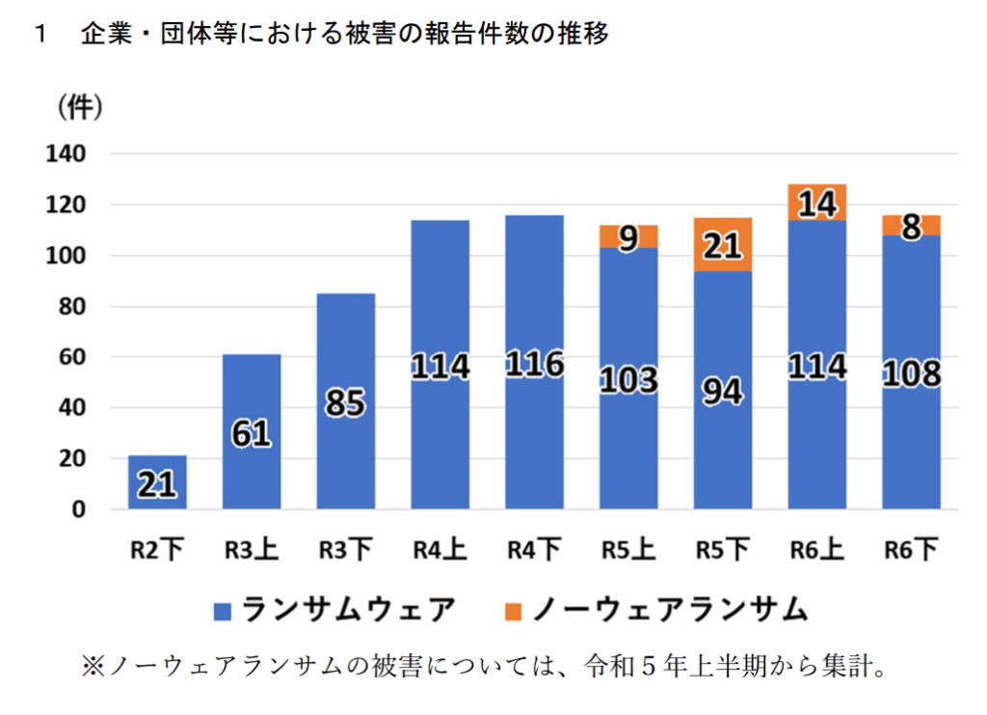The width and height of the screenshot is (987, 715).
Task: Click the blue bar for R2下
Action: pyautogui.click(x=157, y=482)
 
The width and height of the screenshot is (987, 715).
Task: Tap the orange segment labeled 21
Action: pyautogui.click(x=723, y=245)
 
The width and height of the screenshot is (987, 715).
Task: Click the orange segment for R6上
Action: pyautogui.click(x=817, y=202)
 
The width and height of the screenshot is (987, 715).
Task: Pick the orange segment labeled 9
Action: pyautogui.click(x=628, y=236)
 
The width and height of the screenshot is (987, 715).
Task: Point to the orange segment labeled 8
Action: pyautogui.click(x=912, y=225)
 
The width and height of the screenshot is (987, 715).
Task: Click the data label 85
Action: pyautogui.click(x=345, y=402)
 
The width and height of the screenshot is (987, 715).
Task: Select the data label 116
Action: pyautogui.click(x=534, y=366)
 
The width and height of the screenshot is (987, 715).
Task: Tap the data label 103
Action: pyautogui.click(x=628, y=379)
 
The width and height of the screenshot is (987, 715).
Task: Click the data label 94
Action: pyautogui.click(x=723, y=392)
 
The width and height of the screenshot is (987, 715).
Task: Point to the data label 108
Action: pyautogui.click(x=912, y=372)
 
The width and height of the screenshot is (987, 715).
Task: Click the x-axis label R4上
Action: pyautogui.click(x=440, y=551)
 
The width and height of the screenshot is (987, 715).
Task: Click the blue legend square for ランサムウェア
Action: pyautogui.click(x=224, y=611)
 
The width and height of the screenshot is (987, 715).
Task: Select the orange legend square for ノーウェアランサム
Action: pyautogui.click(x=513, y=611)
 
